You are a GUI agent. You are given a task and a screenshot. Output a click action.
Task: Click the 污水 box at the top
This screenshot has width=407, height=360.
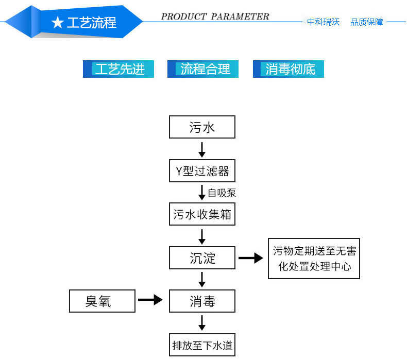click(202, 127)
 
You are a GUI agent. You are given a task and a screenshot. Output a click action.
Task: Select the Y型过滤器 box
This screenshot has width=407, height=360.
click(202, 170)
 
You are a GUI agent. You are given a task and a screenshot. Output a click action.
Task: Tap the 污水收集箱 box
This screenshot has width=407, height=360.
click(202, 214)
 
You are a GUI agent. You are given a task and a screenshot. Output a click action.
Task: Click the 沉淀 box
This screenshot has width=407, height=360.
click(202, 258)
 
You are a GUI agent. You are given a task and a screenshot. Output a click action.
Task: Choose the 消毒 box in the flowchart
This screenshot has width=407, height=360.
click(202, 301)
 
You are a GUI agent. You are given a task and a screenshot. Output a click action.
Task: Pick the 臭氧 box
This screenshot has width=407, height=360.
click(102, 301)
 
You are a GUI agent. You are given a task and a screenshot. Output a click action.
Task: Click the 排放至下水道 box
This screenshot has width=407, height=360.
click(202, 345)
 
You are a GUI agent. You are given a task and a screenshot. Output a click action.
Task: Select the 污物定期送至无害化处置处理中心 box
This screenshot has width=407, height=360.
click(314, 259)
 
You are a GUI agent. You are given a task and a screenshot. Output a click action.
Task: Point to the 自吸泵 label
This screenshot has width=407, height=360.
click(222, 193)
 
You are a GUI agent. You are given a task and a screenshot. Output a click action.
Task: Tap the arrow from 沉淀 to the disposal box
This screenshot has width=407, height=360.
click(251, 258)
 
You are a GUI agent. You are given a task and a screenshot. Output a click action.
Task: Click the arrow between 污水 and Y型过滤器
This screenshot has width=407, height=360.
click(202, 149)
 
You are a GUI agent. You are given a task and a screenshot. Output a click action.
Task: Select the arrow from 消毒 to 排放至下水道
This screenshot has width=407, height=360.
click(202, 323)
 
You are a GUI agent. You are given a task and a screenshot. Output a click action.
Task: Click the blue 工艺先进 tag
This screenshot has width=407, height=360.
click(118, 69)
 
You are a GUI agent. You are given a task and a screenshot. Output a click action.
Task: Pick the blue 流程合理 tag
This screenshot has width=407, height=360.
click(203, 69)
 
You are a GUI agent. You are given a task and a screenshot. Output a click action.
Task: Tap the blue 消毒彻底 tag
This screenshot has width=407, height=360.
click(289, 69)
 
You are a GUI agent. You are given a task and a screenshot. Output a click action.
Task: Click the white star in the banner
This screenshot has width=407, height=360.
click(58, 23)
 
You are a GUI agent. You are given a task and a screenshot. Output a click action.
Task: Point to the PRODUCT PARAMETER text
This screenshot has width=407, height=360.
click(215, 16)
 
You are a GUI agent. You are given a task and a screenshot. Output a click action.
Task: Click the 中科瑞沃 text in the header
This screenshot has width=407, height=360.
click(324, 22)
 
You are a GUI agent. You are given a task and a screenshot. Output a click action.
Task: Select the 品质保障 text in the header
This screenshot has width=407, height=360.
click(367, 22)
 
